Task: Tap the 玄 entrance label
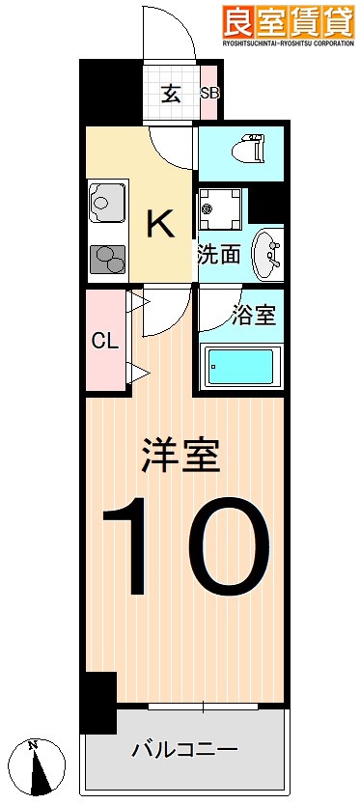(171, 94)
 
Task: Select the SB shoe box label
(209, 94)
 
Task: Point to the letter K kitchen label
(160, 224)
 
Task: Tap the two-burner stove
(107, 260)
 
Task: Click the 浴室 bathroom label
(255, 316)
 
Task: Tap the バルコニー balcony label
(184, 750)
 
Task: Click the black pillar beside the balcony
(97, 702)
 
